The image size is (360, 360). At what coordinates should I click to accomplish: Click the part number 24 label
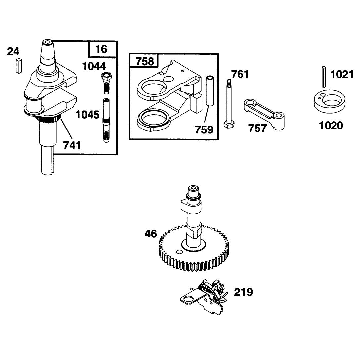coord(13,51)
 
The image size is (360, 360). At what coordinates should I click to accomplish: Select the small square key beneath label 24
coord(19,66)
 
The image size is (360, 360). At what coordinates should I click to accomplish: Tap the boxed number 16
coord(101,49)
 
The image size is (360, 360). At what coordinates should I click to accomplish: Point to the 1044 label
coord(94,66)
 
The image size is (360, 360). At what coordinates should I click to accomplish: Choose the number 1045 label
coord(87,115)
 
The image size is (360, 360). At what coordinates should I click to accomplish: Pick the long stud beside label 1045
coord(106,120)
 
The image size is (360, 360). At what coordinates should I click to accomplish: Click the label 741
coord(72,146)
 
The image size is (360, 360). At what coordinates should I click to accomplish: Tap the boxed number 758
coord(145,61)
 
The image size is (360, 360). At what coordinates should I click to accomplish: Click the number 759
coord(204,130)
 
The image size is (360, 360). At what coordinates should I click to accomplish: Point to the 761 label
coord(240,75)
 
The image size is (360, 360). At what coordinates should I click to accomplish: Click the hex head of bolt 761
coord(229,125)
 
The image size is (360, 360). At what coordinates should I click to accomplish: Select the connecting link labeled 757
coord(264,114)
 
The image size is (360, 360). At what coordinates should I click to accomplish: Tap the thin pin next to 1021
coord(324,77)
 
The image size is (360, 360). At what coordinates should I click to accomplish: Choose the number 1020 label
coord(331,126)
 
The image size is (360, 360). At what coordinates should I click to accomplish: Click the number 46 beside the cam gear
coord(151,234)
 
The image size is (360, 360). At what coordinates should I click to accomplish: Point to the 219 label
coord(243,292)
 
